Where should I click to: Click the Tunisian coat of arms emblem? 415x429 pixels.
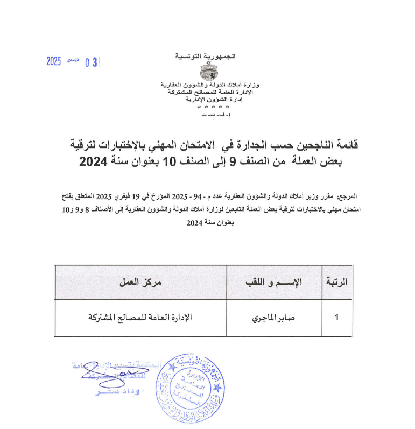click(x=206, y=72)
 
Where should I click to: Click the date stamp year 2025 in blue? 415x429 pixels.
click(x=54, y=61)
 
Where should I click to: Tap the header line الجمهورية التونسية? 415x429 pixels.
click(x=206, y=56)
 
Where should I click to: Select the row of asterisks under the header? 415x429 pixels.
click(x=206, y=108)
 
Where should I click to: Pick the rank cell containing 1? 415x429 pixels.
click(x=337, y=317)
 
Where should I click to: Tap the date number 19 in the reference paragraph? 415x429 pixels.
click(x=139, y=196)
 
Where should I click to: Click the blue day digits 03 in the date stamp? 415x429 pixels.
click(x=93, y=62)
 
